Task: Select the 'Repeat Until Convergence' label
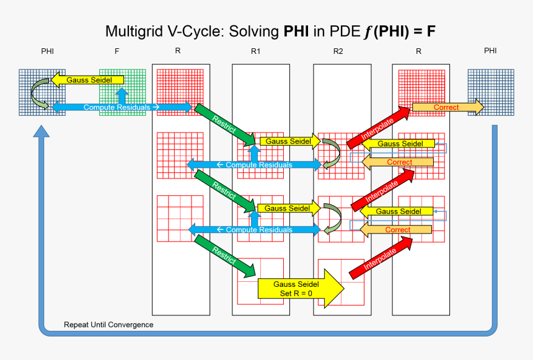108,325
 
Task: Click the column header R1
256,51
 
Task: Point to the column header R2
338,51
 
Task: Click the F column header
117,51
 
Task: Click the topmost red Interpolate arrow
378,130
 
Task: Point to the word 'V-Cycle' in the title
200,31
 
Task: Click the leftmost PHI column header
48,51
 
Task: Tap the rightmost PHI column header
490,50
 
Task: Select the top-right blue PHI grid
491,92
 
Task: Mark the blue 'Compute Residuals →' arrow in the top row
121,107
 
